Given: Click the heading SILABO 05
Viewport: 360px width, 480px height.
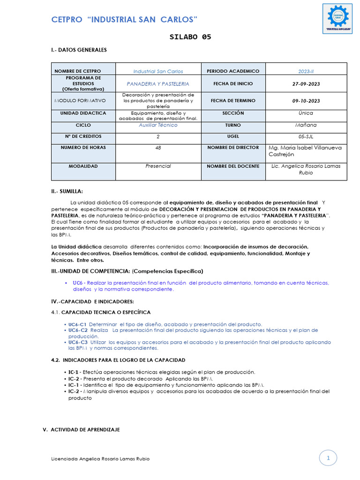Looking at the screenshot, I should pyautogui.click(x=190, y=37).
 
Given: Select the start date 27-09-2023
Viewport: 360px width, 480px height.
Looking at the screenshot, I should pyautogui.click(x=306, y=84).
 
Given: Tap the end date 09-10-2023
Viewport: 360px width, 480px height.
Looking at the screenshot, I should pyautogui.click(x=306, y=101).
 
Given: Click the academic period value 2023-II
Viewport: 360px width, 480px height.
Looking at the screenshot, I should pyautogui.click(x=306, y=71).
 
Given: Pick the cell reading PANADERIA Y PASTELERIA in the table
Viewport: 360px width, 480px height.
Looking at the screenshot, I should pyautogui.click(x=158, y=84).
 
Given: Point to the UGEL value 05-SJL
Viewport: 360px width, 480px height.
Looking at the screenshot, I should pyautogui.click(x=306, y=136).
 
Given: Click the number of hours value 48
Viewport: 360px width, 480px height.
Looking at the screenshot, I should pyautogui.click(x=158, y=148).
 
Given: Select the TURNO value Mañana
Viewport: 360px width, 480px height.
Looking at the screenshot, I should pyautogui.click(x=306, y=125).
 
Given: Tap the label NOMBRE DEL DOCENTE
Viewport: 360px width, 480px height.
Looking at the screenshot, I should pyautogui.click(x=233, y=166).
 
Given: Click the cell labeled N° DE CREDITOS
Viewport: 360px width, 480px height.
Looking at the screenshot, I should pyautogui.click(x=83, y=136).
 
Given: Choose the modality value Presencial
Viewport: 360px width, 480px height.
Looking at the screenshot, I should pyautogui.click(x=158, y=166).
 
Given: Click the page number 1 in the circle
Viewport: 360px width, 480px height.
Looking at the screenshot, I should pyautogui.click(x=329, y=458).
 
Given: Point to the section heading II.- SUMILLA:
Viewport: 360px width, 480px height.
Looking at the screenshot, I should pyautogui.click(x=67, y=191).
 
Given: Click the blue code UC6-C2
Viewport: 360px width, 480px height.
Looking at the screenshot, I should pyautogui.click(x=77, y=330).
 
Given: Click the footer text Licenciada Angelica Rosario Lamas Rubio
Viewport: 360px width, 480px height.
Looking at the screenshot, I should pyautogui.click(x=100, y=459).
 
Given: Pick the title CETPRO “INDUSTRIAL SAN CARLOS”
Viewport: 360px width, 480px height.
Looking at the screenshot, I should pyautogui.click(x=124, y=19).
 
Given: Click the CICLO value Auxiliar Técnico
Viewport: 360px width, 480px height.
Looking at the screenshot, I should pyautogui.click(x=158, y=125).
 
